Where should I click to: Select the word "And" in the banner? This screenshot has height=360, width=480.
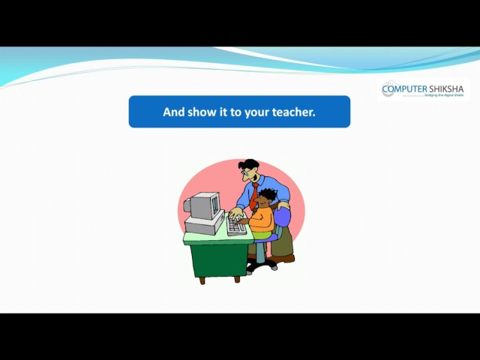(173, 112)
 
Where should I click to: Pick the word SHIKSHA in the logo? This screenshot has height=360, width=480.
(445, 89)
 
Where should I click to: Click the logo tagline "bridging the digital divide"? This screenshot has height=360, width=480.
(444, 96)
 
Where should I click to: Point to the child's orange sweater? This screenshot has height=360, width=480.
(262, 219)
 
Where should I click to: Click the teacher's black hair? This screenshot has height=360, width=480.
(250, 164)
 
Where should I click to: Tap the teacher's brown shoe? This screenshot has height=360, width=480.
(283, 259)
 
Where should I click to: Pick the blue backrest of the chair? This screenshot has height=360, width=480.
(282, 217)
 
